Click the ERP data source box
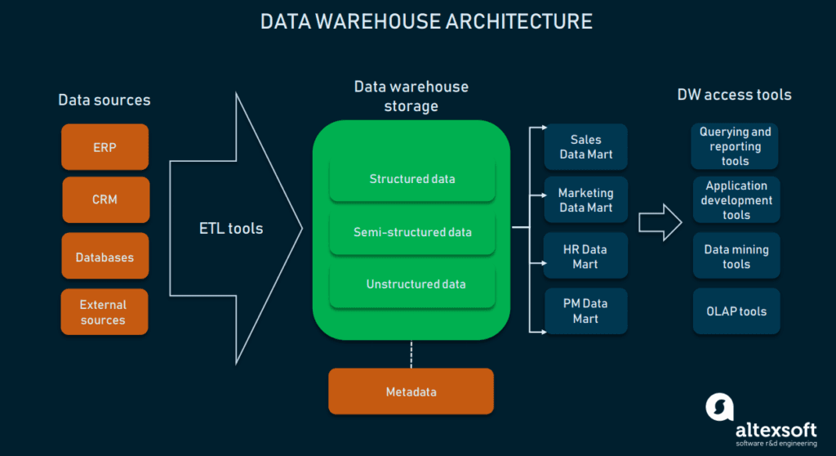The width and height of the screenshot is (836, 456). [x=104, y=147]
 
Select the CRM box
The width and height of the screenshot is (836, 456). [x=104, y=199]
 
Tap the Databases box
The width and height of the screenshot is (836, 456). [x=104, y=257]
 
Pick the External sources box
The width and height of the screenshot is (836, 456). [x=104, y=311]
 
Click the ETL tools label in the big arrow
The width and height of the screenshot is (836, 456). [x=231, y=228]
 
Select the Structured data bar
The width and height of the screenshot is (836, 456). [x=412, y=179]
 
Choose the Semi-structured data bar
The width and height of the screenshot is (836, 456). [x=412, y=232]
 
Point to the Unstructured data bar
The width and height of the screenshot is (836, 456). [x=412, y=284]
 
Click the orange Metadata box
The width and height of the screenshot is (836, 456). [x=411, y=391]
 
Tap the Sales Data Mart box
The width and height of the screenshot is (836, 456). [x=585, y=147]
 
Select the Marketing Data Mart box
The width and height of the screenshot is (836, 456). [x=585, y=199]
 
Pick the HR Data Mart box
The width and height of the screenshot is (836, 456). [x=585, y=257]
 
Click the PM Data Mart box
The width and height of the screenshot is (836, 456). [x=585, y=311]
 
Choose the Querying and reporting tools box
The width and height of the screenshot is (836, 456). [x=736, y=146]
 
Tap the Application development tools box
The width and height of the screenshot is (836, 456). [x=736, y=199]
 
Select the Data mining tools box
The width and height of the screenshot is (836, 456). [x=736, y=257]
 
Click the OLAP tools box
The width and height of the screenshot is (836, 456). [x=736, y=311]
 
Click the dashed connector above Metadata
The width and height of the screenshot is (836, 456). [x=411, y=353]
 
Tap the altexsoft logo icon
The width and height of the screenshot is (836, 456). [x=719, y=407]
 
